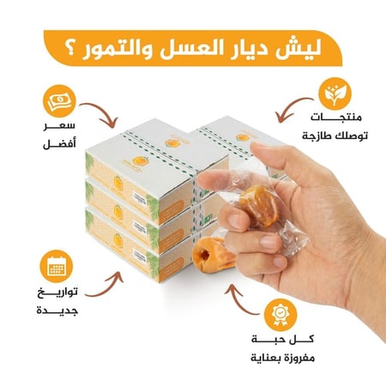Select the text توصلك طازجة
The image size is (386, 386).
tap(328, 138)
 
